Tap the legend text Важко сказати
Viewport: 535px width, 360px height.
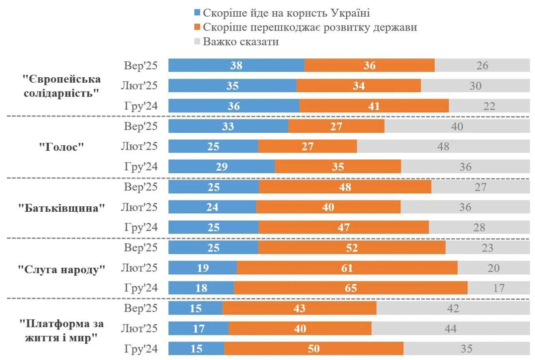click(241, 42)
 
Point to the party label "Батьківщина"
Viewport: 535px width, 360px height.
click(61, 208)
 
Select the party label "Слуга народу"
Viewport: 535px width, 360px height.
click(61, 269)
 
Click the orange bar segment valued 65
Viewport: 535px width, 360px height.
click(351, 288)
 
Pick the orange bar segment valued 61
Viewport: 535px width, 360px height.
click(347, 268)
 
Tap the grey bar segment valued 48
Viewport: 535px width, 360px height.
click(443, 147)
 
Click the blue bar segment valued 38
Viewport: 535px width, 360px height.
click(236, 66)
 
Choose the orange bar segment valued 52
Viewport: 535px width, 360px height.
click(352, 248)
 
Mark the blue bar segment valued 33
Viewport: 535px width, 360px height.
click(228, 127)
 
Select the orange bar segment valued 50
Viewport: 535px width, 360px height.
click(313, 349)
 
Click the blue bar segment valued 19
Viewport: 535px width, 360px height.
click(203, 268)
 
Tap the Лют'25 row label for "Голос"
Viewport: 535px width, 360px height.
click(139, 147)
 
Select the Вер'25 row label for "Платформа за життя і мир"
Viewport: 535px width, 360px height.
click(141, 309)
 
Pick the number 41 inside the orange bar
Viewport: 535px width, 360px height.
click(374, 106)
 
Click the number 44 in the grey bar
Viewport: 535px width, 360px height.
click(450, 329)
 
